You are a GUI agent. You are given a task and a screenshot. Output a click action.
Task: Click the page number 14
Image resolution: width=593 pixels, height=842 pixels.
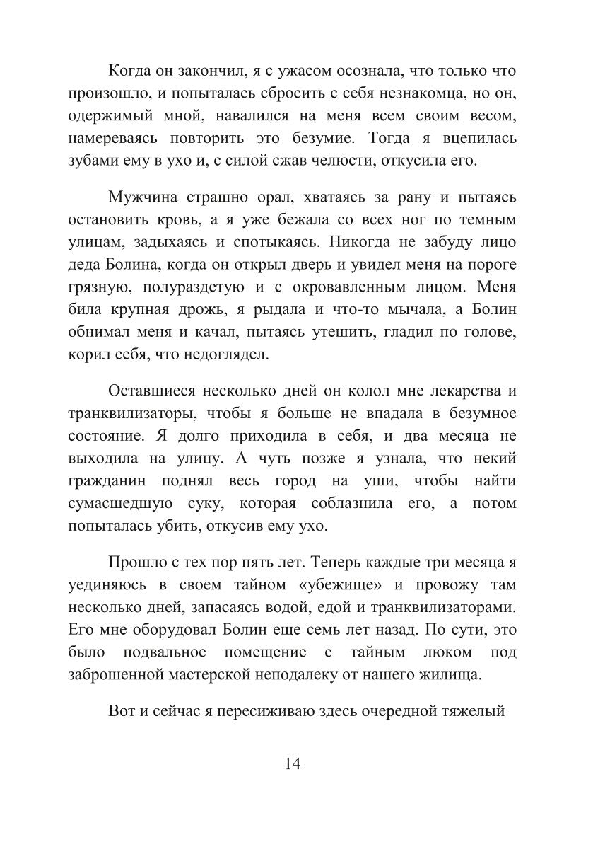[293, 763]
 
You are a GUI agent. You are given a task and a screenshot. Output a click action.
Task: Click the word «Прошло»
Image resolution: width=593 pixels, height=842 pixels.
[135, 564]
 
